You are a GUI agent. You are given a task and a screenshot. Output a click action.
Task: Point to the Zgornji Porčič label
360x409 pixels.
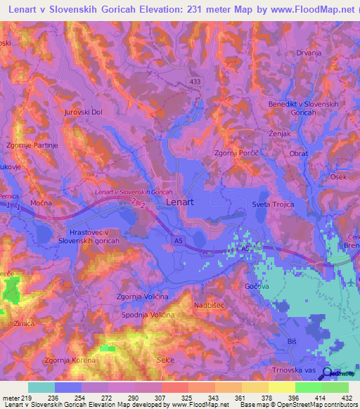coord(236,152)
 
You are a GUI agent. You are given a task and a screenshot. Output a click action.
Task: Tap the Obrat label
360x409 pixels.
coord(299,152)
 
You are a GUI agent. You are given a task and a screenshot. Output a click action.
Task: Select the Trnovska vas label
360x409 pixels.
coord(290,370)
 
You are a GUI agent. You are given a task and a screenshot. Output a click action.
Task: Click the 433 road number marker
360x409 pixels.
coord(193,82)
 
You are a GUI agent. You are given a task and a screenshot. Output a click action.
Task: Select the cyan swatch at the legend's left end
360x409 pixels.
coord(41,387)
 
